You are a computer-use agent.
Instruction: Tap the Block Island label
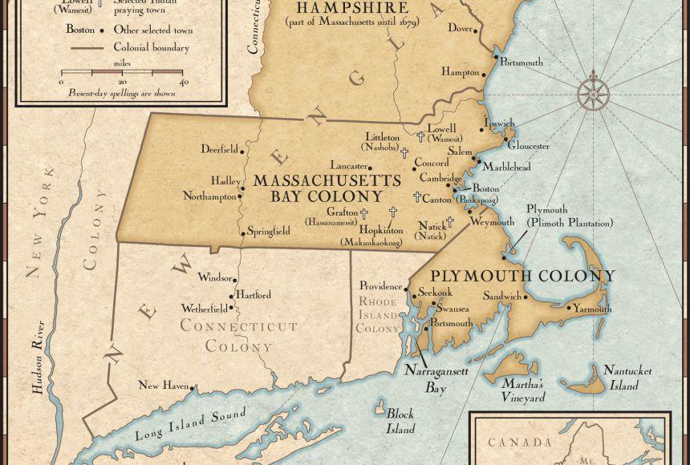point(400,421)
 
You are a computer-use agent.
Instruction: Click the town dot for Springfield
point(243,233)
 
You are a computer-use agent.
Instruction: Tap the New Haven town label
point(164,386)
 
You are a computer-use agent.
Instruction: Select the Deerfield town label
point(219,149)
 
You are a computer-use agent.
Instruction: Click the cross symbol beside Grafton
point(363,213)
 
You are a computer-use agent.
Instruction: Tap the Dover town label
point(460,28)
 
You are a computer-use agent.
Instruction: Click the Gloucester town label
point(528,146)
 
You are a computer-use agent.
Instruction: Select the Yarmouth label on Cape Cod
point(592,309)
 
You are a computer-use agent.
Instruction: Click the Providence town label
point(381,285)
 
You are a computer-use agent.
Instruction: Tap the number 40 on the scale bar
point(184,82)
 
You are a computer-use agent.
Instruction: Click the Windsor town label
point(215,277)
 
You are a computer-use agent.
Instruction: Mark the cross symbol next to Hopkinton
point(393,212)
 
